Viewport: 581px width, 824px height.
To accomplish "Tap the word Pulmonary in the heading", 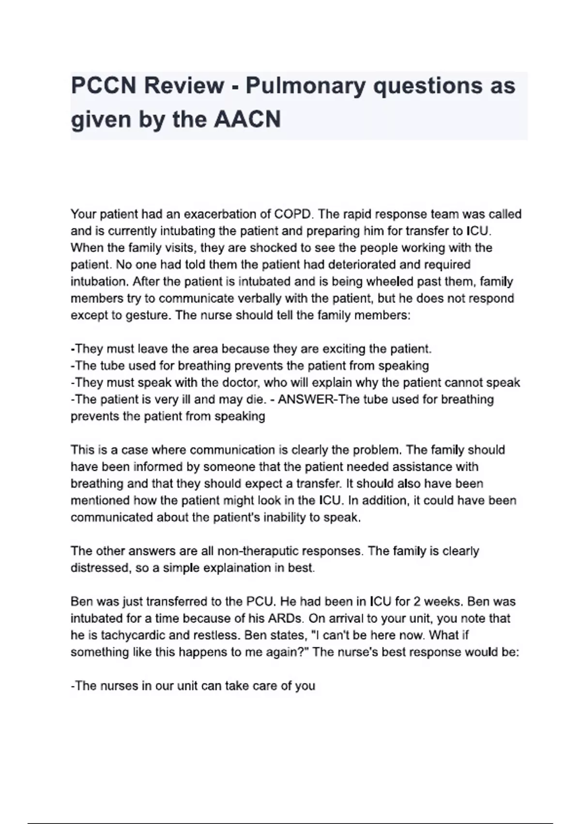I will [x=306, y=86].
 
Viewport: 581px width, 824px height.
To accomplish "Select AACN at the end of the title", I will [x=247, y=119].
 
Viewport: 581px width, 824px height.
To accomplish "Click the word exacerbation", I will [x=220, y=214].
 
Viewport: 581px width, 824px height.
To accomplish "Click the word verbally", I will [x=257, y=298].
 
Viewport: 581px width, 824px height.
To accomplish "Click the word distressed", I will [x=100, y=568].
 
